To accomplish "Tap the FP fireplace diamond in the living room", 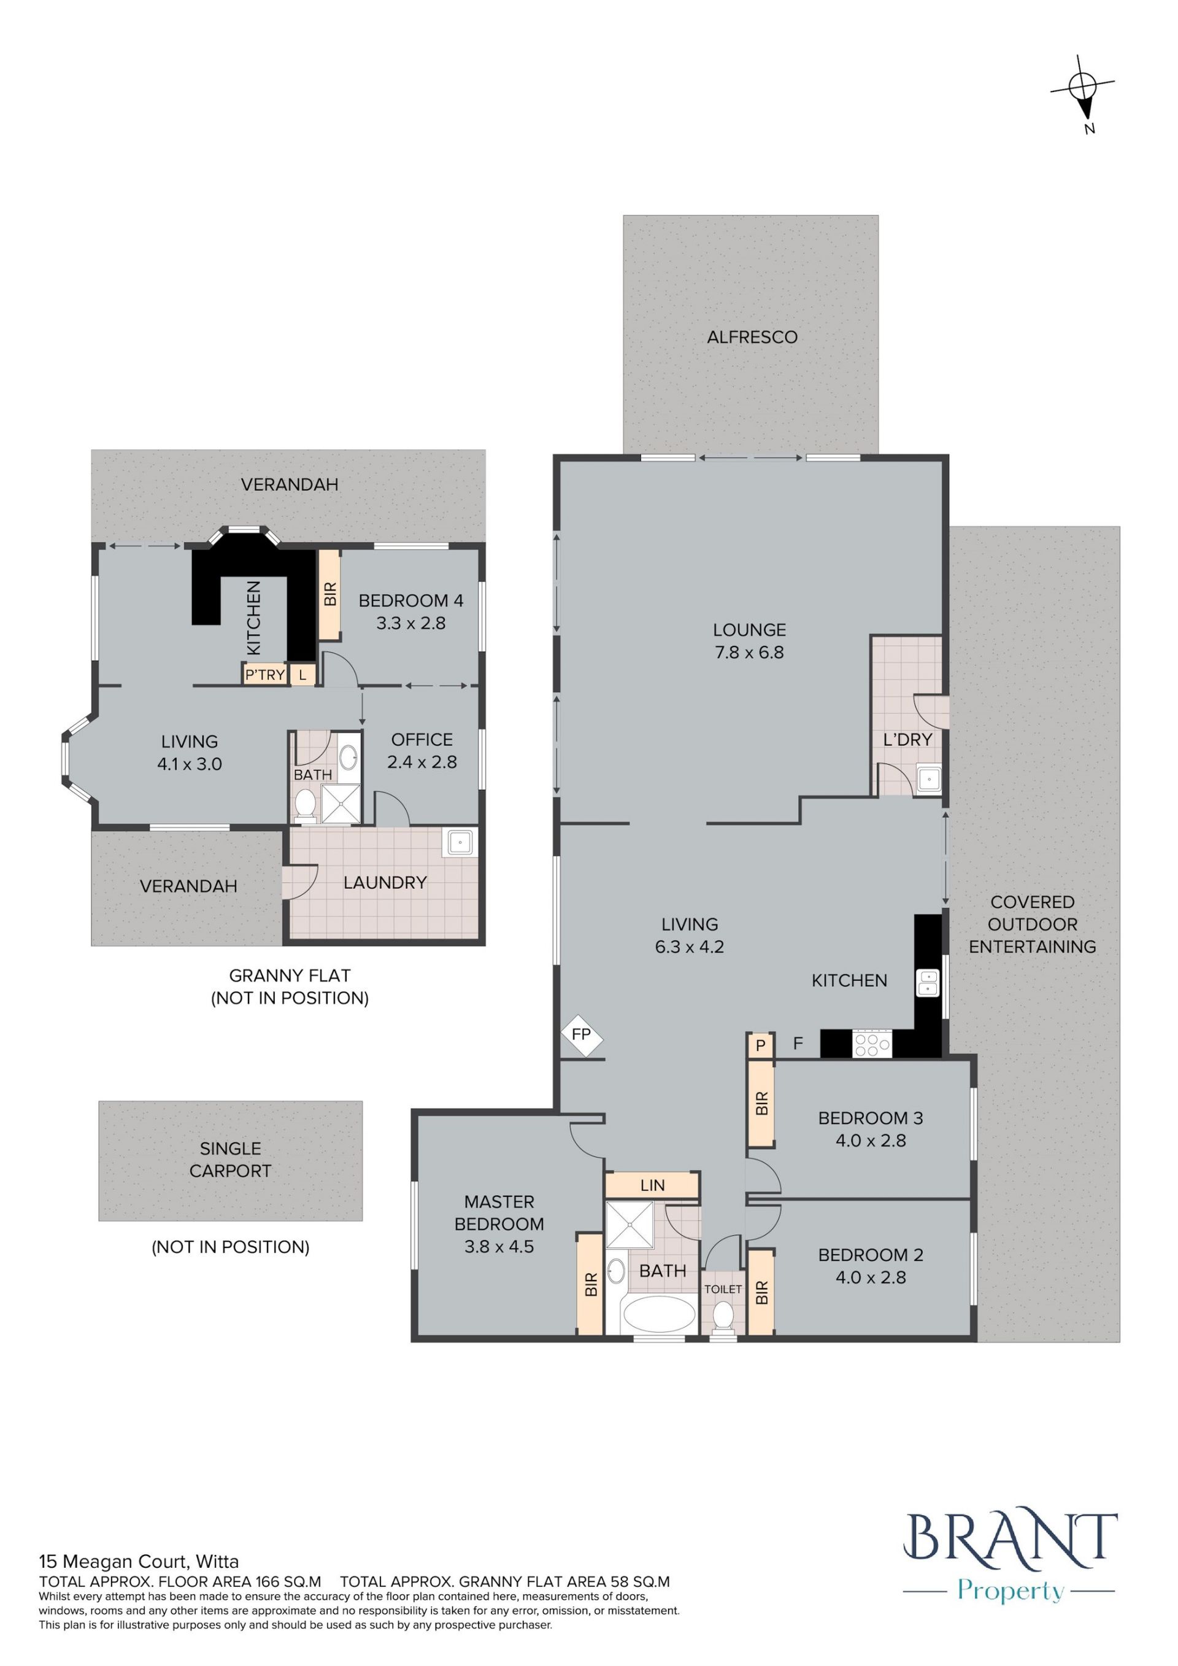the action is click(x=582, y=1035).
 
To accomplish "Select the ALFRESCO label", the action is click(x=752, y=338).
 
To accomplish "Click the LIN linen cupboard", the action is click(x=652, y=1185).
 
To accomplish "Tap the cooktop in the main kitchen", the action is click(x=872, y=1044).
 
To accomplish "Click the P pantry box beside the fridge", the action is click(x=760, y=1045).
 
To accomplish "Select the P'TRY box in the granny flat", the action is click(x=265, y=675).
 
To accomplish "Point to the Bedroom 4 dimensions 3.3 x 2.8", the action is click(x=410, y=623).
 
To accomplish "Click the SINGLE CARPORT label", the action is click(x=230, y=1160).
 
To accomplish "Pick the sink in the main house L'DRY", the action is click(x=928, y=780).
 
